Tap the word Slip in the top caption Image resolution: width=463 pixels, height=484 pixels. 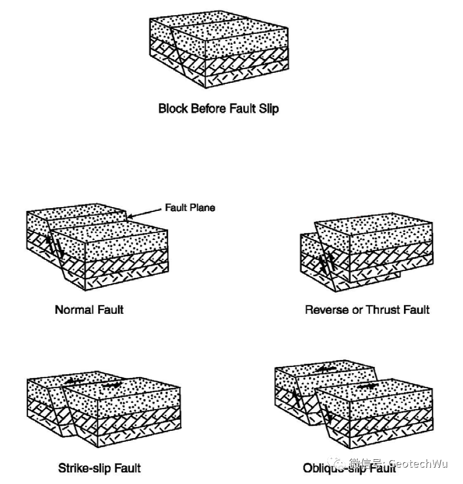[x=269, y=109]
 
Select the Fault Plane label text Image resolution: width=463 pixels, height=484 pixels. [x=190, y=207]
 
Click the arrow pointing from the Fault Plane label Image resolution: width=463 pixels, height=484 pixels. [x=144, y=213]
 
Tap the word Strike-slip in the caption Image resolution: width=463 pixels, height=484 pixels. [x=84, y=468]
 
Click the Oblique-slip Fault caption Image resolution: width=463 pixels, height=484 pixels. [x=349, y=468]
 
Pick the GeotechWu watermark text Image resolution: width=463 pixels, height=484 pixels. [x=418, y=463]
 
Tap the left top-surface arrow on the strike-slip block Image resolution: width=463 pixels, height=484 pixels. [x=74, y=381]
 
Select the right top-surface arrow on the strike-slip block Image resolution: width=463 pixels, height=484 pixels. [x=112, y=385]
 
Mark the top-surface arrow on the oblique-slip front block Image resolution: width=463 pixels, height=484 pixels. [x=367, y=386]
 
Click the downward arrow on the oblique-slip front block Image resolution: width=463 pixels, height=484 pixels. [x=327, y=414]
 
